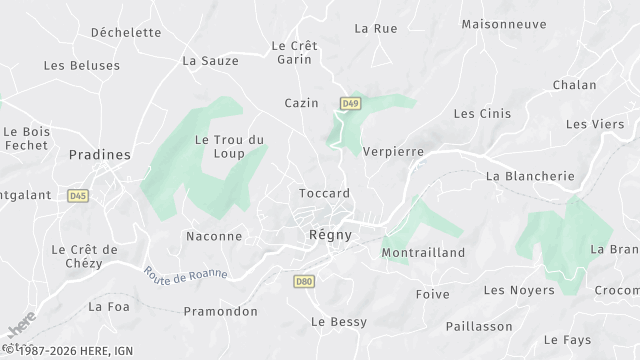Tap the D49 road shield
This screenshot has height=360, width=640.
point(349,103)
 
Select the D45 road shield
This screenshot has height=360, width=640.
point(78,196)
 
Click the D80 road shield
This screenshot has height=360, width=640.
point(304,282)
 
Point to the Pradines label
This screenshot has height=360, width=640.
point(99,155)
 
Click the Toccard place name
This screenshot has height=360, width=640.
point(324,193)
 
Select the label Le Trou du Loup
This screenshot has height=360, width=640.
point(229,146)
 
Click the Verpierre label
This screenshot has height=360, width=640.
point(394,152)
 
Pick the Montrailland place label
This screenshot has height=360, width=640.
point(424,253)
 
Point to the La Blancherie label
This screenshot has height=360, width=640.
point(529,176)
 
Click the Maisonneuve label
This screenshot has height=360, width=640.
point(503,23)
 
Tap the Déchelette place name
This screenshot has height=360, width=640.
point(126,32)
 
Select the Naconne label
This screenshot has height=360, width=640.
point(214,236)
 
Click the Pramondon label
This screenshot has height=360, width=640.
point(221,311)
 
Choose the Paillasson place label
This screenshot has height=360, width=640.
point(478,327)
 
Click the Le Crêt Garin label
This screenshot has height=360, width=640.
point(293,52)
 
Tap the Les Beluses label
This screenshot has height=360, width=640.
point(82,66)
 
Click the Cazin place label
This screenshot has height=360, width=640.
point(301,103)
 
